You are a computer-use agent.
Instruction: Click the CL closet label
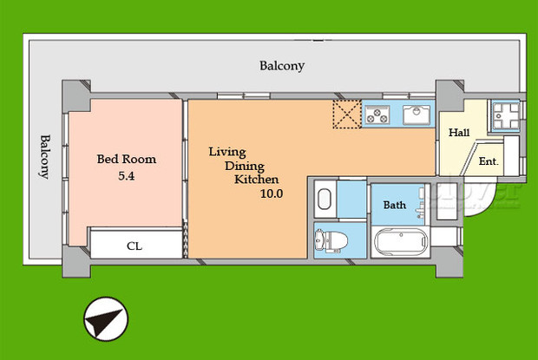pos(134,246)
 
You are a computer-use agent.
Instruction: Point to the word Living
pos(227,153)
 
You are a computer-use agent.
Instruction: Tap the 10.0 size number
pos(271,193)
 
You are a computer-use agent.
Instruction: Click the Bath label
pos(395,206)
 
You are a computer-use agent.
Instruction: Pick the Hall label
pos(459,134)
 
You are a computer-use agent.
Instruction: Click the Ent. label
pos(488,161)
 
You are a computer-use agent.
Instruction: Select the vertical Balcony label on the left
pos(44,157)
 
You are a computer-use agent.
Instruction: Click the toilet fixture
pos(327,239)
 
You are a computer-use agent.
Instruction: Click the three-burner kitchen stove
pos(379,113)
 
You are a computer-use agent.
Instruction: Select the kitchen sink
pos(417,113)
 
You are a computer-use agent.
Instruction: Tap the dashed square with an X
pos(347,114)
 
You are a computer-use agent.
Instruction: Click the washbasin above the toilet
pos(325,200)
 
